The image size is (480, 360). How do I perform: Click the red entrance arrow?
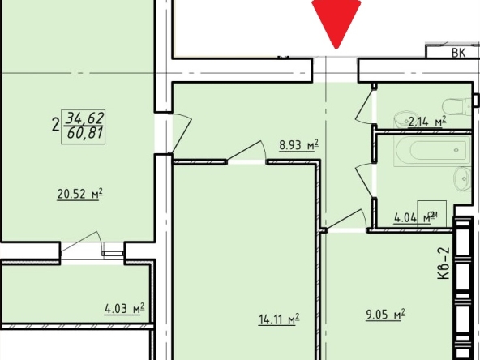point(336,21)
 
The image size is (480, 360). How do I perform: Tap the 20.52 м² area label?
point(79,194)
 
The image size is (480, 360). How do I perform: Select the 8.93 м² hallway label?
point(298,145)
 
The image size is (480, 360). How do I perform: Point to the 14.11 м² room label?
point(279,319)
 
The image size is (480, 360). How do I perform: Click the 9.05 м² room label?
point(385,315)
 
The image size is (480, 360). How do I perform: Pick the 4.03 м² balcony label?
point(124,309)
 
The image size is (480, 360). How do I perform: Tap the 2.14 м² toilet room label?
point(427,122)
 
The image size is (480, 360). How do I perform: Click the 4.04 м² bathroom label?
point(415,217)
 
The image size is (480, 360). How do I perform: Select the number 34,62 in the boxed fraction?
point(86,118)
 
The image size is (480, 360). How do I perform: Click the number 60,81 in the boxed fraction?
point(85,134)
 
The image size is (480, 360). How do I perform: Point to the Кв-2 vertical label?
point(444,264)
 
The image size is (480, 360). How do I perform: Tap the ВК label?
point(459,53)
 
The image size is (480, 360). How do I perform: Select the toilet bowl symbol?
point(456,107)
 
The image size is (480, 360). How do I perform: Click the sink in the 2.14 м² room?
point(403,120)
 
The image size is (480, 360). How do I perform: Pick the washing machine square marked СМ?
point(431,214)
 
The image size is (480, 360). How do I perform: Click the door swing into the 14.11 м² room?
point(246,151)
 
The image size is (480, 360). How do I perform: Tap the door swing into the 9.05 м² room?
point(346,219)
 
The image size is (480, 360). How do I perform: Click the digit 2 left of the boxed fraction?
point(55,126)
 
